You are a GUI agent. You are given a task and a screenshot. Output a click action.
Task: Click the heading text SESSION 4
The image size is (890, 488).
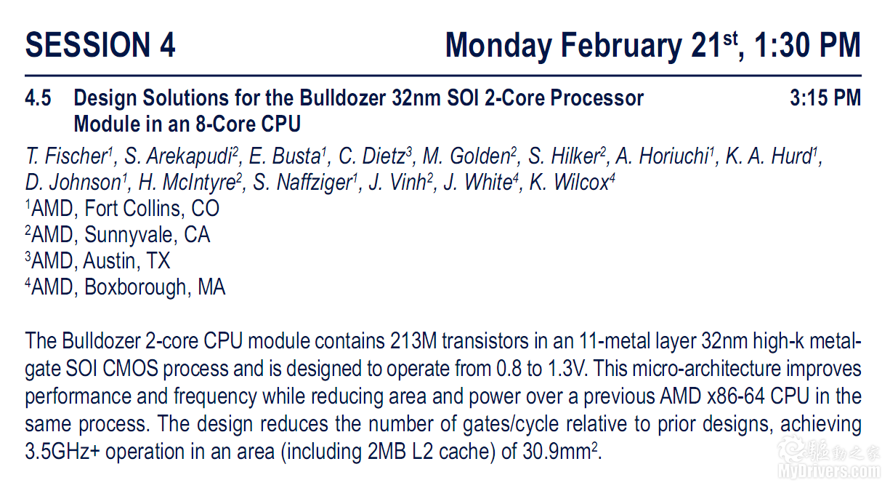point(100,45)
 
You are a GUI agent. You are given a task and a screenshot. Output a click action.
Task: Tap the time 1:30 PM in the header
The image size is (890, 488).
point(807,45)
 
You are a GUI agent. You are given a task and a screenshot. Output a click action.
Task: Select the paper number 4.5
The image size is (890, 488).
point(38,98)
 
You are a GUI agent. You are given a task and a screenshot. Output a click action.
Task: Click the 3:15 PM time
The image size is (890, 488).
point(825,98)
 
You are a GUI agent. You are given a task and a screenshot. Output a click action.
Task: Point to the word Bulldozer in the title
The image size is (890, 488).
point(342,98)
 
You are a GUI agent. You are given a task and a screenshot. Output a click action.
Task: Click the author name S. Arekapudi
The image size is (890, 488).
point(181,156)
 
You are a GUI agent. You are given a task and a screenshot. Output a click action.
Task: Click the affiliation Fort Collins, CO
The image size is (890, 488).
point(152,209)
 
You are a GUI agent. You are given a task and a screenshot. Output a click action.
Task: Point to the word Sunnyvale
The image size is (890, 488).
point(129,236)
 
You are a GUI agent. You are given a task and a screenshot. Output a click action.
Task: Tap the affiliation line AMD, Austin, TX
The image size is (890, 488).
point(98,261)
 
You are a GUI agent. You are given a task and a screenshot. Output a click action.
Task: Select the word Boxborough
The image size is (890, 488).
point(135,287)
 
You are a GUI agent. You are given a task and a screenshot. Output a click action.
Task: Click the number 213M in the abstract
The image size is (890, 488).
point(413,341)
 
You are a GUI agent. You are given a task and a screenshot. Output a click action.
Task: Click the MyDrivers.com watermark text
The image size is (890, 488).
point(830,472)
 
